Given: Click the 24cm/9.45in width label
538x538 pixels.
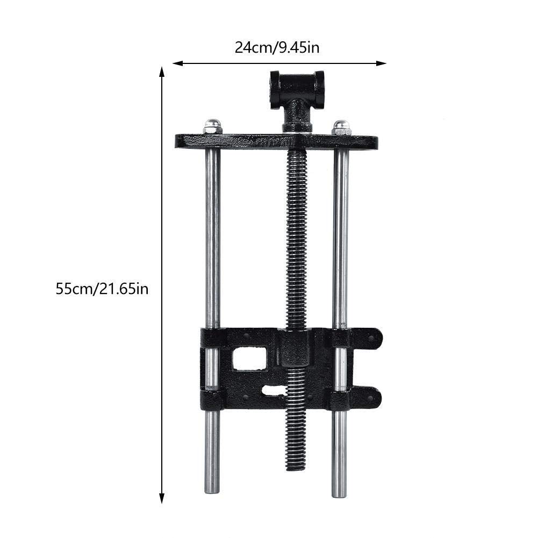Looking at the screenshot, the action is (x=277, y=47).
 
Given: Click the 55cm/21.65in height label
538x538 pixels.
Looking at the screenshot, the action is (x=102, y=289).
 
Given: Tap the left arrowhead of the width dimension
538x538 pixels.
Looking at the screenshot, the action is (x=176, y=63).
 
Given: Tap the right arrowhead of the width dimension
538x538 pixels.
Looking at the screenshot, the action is (x=382, y=63).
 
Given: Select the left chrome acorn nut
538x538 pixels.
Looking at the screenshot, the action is (x=213, y=126).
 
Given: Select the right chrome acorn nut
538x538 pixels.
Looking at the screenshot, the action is (x=341, y=127).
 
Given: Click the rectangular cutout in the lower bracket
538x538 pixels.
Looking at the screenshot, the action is (x=250, y=358).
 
